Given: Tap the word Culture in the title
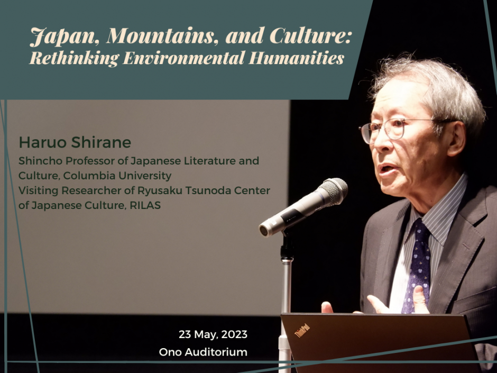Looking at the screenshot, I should (310, 36).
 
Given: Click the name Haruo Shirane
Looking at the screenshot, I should (75, 142).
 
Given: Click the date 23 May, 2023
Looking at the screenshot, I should (213, 334).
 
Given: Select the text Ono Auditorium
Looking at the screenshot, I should (203, 352).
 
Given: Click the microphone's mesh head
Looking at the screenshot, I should (333, 191).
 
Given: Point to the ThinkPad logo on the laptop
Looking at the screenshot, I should (302, 331).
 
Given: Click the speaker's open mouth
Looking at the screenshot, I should (388, 171).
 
